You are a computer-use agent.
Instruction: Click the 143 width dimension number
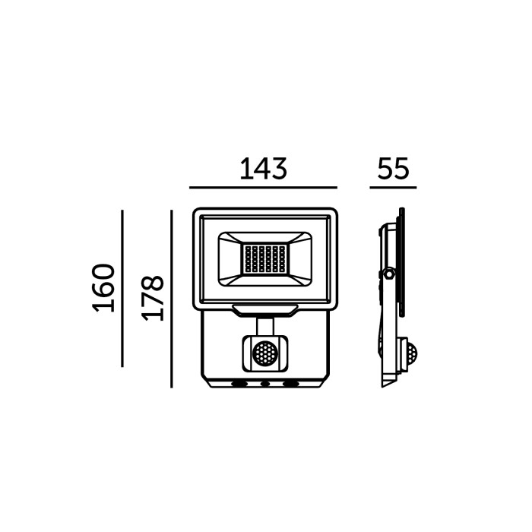(x=263, y=169)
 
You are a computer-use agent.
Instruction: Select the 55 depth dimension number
(x=393, y=169)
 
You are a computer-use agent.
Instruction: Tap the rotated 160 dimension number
(x=103, y=288)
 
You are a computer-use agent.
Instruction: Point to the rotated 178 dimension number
(x=152, y=298)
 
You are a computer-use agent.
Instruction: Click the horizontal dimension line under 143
(x=263, y=187)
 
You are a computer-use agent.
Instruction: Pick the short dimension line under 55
(x=393, y=187)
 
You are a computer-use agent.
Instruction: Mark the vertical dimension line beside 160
(x=122, y=288)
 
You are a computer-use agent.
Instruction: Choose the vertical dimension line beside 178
(x=172, y=299)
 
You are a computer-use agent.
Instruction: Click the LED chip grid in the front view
(x=265, y=259)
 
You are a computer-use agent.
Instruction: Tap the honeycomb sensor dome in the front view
(x=265, y=353)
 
